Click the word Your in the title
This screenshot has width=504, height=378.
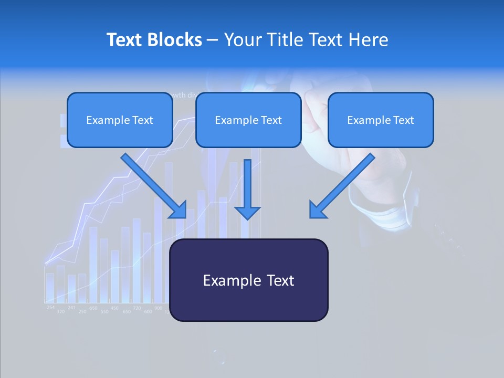click(x=243, y=40)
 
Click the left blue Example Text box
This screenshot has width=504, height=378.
click(x=120, y=120)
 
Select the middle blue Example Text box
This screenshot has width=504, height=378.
click(x=248, y=120)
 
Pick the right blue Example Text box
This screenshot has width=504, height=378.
click(x=381, y=120)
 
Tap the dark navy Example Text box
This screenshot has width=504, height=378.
click(x=248, y=280)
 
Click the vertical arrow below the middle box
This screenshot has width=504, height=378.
click(x=247, y=189)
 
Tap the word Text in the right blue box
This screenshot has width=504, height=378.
click(x=403, y=120)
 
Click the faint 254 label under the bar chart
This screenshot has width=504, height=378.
click(x=50, y=307)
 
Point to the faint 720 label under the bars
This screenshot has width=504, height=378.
click(x=136, y=308)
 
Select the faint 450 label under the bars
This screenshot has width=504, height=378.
click(x=114, y=308)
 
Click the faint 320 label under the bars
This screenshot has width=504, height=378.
click(x=61, y=312)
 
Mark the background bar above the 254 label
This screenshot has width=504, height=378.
click(x=50, y=287)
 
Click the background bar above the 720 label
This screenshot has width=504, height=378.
click(x=136, y=260)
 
